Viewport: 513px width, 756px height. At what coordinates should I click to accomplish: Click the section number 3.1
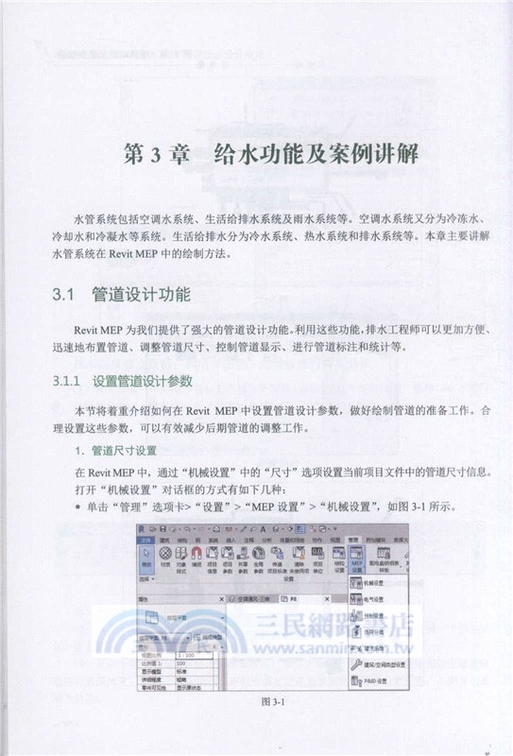click(65, 296)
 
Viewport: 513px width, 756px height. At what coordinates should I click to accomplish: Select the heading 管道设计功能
click(143, 296)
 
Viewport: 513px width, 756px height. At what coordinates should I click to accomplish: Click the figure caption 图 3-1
click(256, 726)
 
